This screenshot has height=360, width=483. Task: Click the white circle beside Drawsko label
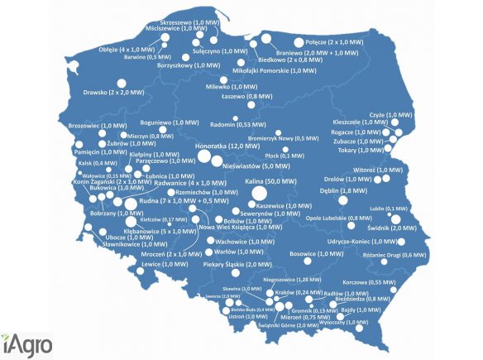point(121,84)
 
